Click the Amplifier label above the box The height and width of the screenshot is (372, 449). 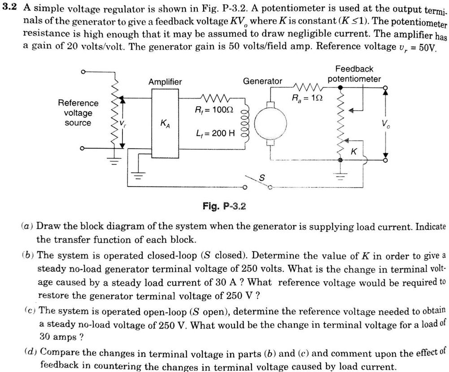165,82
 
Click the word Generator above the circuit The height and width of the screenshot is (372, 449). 262,81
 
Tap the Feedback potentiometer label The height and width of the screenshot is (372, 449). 354,74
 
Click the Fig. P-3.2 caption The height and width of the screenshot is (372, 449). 224,207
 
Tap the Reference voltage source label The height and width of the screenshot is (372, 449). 78,113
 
